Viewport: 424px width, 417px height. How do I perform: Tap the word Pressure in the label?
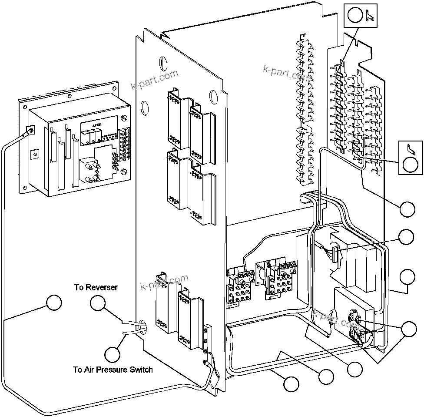coord(112,370)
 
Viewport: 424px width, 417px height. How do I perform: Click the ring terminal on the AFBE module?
coord(31,129)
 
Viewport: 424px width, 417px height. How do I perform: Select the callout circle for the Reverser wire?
coord(98,303)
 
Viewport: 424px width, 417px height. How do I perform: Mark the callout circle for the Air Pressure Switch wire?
coord(113,353)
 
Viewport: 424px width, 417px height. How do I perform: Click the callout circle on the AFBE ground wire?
coord(54,303)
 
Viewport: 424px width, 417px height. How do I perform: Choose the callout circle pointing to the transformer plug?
coord(407,237)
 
